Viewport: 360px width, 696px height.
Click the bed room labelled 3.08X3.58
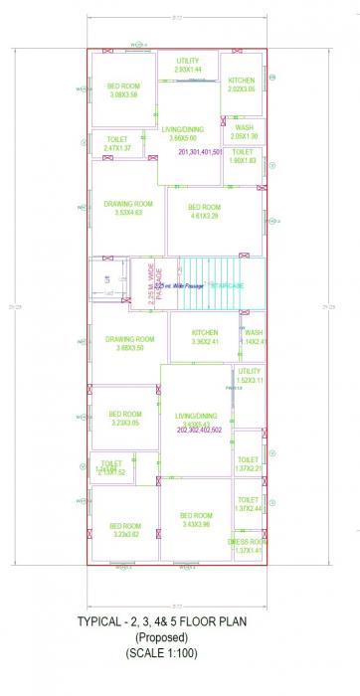(x=124, y=90)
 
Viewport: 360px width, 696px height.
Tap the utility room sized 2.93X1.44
(x=187, y=66)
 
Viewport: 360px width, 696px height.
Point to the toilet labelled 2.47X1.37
(x=117, y=144)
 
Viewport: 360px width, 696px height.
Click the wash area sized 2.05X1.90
(x=244, y=132)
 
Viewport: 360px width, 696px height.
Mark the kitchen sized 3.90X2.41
(x=205, y=337)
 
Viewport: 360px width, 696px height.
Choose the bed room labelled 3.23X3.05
(x=125, y=419)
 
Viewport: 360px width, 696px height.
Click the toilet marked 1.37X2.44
(x=248, y=504)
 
